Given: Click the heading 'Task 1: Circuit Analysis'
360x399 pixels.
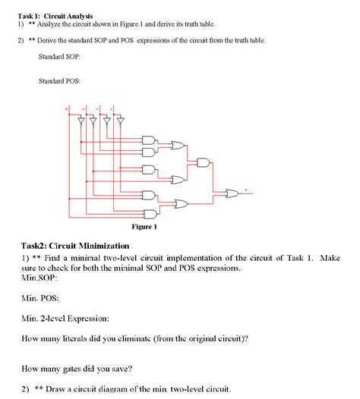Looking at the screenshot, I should pos(55,16).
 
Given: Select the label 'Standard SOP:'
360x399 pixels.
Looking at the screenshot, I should pos(59,57).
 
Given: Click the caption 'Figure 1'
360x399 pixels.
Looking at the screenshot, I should pos(144,226).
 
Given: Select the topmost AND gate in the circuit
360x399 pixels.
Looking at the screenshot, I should pos(148,140).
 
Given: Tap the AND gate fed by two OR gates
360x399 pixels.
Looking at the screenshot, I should pos(204,162).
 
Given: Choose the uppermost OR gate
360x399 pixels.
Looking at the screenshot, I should pos(178,145).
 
